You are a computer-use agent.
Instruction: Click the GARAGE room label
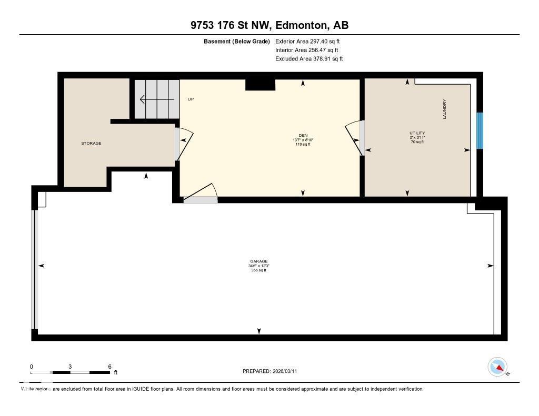pyautogui.click(x=259, y=261)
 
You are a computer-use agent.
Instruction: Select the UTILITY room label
pyautogui.click(x=417, y=133)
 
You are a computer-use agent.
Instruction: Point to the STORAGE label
pyautogui.click(x=91, y=143)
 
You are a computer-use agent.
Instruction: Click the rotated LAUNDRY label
pyautogui.click(x=444, y=109)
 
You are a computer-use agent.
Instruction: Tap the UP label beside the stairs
pyautogui.click(x=191, y=99)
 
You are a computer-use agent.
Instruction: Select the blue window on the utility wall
pyautogui.click(x=479, y=130)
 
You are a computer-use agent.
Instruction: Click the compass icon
pyautogui.click(x=497, y=367)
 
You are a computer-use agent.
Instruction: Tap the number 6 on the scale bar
pyautogui.click(x=109, y=367)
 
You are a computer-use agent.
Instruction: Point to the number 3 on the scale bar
pyautogui.click(x=70, y=367)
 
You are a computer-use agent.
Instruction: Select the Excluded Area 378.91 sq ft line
pyautogui.click(x=309, y=59)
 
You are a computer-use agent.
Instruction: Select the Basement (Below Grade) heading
pyautogui.click(x=237, y=41)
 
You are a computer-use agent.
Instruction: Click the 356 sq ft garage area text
pyautogui.click(x=258, y=270)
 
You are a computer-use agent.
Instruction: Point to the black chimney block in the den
pyautogui.click(x=261, y=84)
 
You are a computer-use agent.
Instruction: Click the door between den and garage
pyautogui.click(x=201, y=199)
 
